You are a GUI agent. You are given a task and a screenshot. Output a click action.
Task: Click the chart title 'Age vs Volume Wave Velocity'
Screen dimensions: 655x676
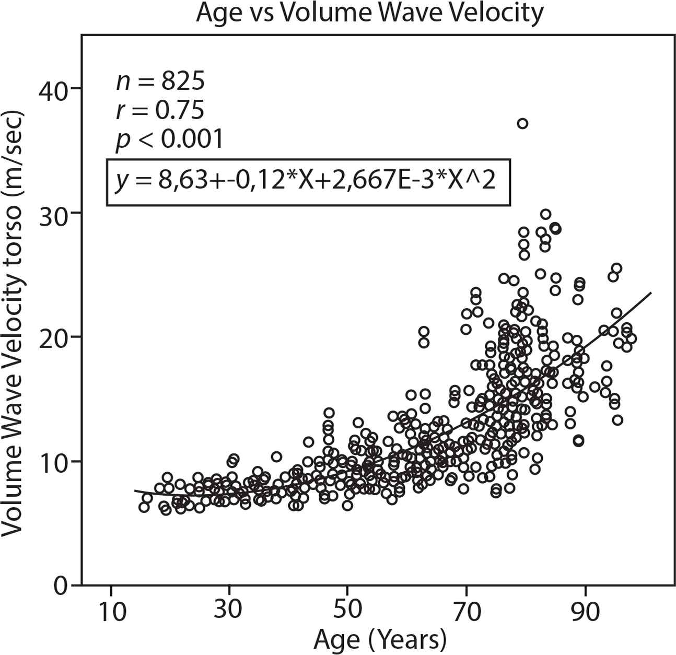point(369,13)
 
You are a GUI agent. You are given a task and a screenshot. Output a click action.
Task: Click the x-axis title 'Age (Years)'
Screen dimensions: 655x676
point(380,639)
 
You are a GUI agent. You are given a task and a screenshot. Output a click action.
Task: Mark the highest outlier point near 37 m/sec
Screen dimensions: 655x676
point(522,123)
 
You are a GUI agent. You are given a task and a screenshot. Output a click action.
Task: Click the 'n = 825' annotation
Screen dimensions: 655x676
point(160,81)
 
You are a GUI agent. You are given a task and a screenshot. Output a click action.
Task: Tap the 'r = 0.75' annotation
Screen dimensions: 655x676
point(160,110)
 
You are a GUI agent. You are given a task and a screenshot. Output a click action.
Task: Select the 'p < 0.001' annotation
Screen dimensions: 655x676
point(169,139)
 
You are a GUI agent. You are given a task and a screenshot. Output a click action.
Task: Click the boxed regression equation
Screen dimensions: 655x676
point(308,182)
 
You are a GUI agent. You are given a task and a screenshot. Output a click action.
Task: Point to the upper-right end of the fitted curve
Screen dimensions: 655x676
point(651,293)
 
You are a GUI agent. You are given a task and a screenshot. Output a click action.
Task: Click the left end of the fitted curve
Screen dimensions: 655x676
point(135,491)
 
